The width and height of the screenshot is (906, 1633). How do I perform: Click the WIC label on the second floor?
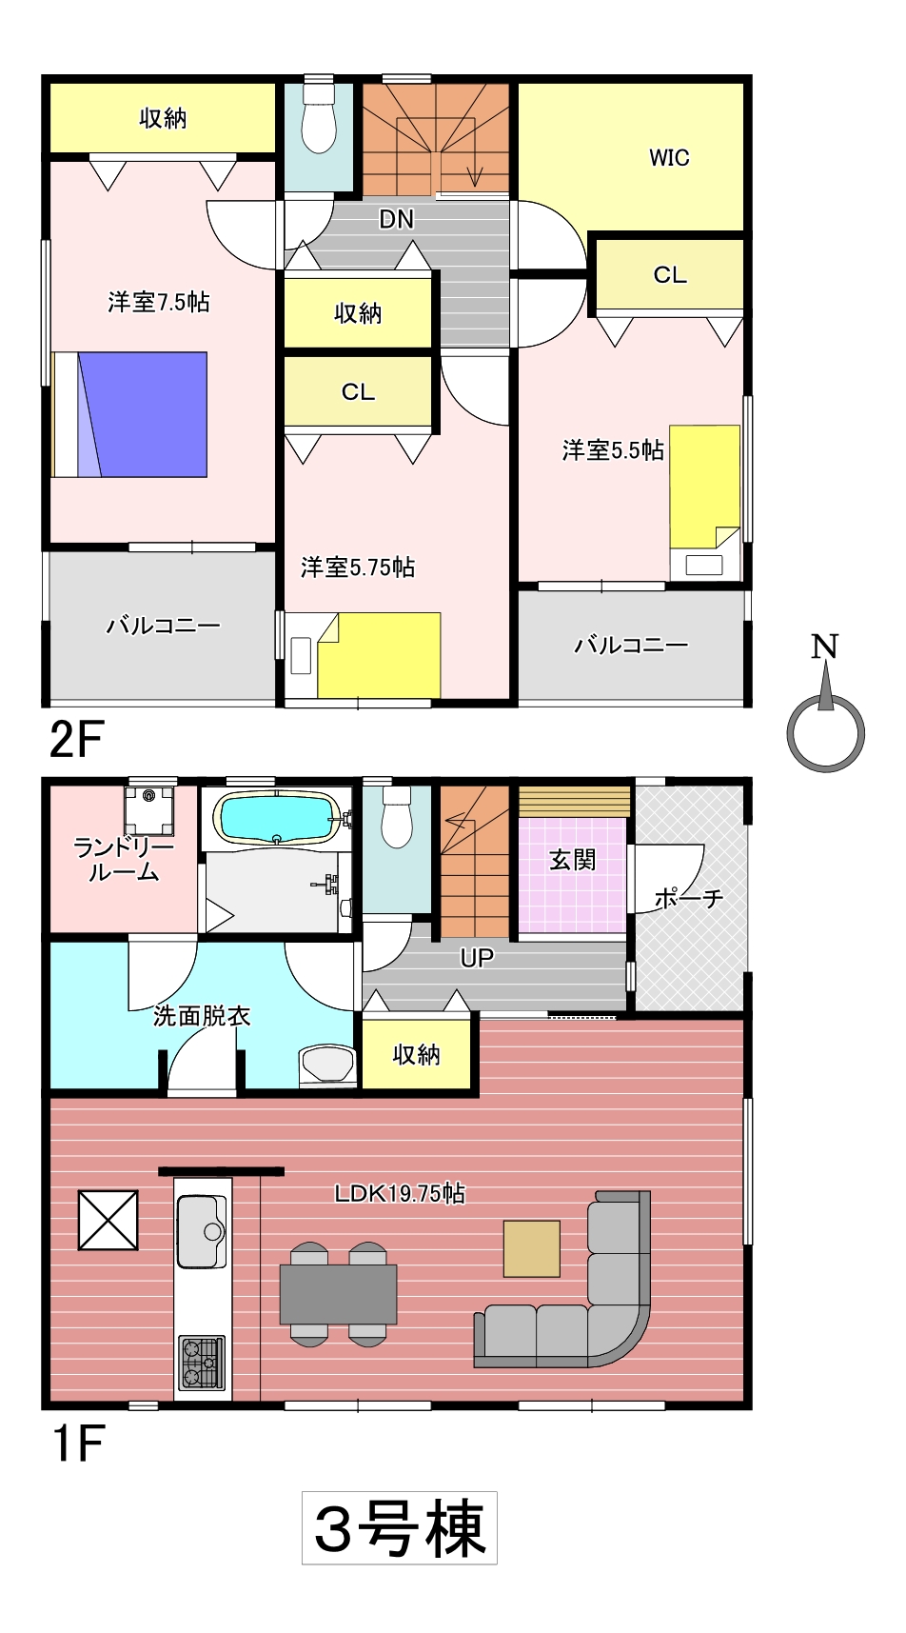[x=669, y=158]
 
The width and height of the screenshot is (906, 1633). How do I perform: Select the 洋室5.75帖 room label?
[x=358, y=568]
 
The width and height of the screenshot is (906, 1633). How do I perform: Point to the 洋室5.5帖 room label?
[x=613, y=449]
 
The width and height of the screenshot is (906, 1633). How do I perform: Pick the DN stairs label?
[x=397, y=219]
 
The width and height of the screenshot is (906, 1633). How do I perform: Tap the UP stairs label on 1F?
[x=477, y=958]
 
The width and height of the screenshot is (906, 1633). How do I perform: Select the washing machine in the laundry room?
[x=149, y=809]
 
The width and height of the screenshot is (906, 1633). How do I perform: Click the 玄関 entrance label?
[x=573, y=860]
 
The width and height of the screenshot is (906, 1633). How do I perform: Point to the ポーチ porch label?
[x=689, y=898]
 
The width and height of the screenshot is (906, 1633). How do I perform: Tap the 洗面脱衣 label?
[x=202, y=1016]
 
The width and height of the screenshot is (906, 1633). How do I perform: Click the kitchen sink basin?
[x=202, y=1230]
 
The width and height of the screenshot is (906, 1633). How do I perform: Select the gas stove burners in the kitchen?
[x=202, y=1363]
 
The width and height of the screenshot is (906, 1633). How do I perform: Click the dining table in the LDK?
[x=338, y=1295]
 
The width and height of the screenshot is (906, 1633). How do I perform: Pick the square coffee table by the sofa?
[x=532, y=1248]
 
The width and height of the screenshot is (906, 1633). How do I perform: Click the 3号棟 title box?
[x=400, y=1527]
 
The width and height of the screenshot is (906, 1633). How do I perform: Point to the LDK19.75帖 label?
[x=400, y=1193]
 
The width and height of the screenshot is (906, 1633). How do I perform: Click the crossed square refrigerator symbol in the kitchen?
[x=108, y=1220]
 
